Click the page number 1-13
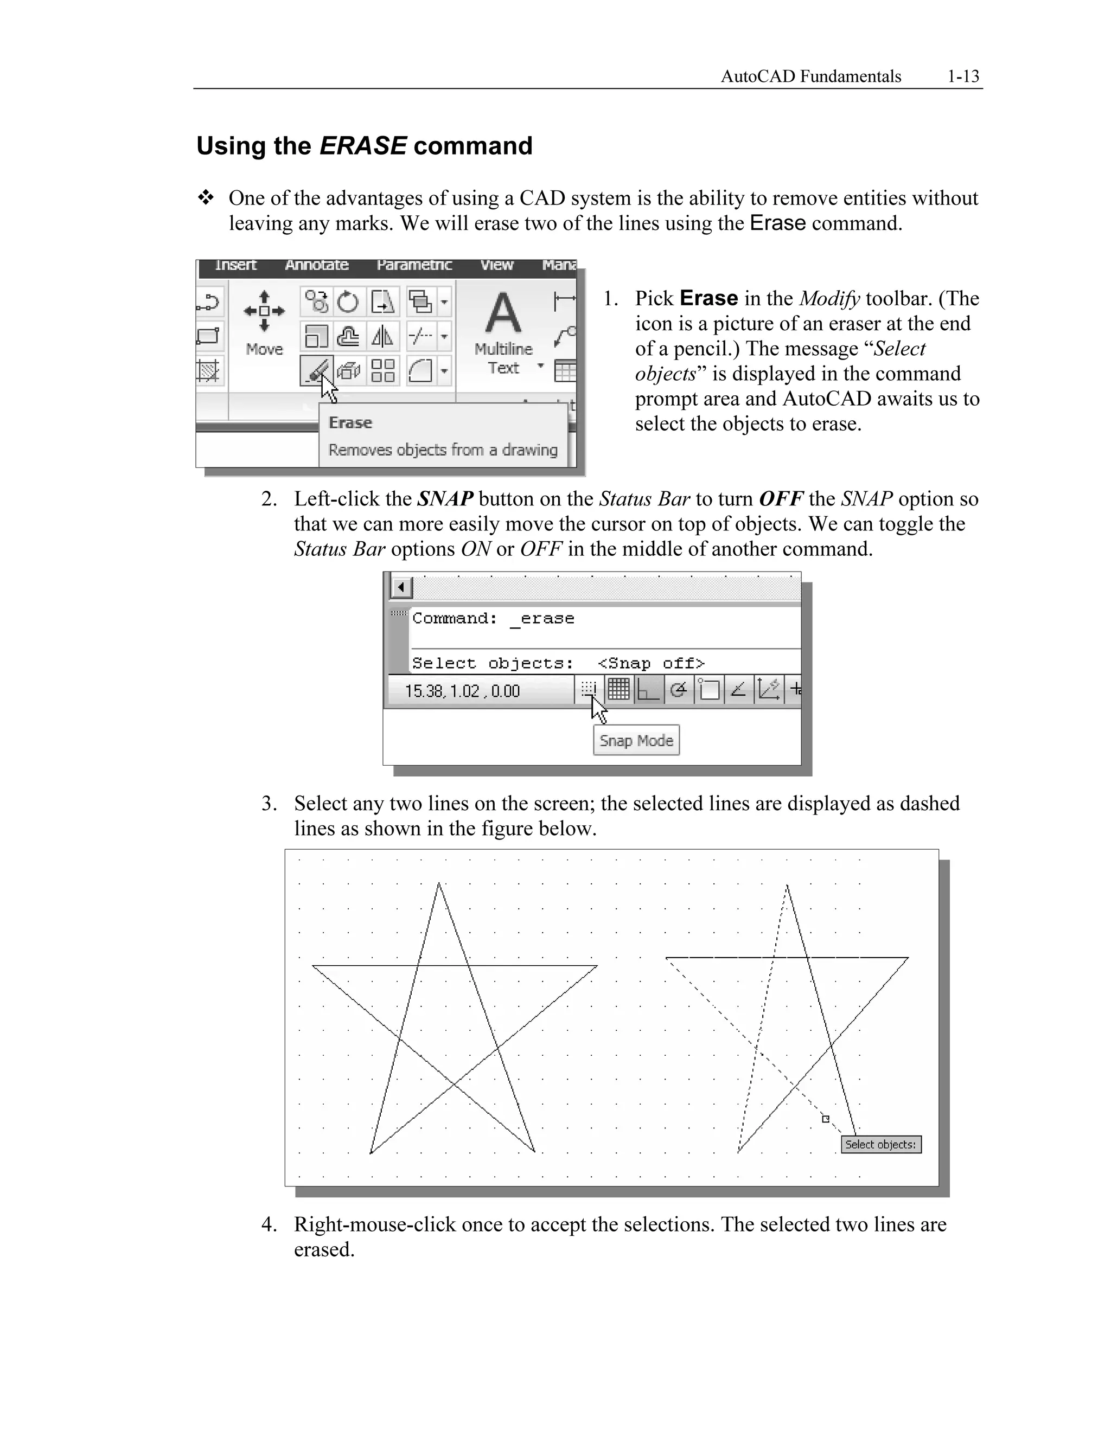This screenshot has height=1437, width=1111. pyautogui.click(x=963, y=76)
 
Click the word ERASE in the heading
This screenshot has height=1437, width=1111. pyautogui.click(x=363, y=145)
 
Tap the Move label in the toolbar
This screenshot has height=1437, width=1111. pyautogui.click(x=264, y=349)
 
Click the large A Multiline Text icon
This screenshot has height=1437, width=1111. pyautogui.click(x=503, y=315)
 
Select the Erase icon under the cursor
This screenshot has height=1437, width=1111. pyautogui.click(x=316, y=370)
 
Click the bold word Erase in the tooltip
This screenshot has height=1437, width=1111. pyautogui.click(x=350, y=422)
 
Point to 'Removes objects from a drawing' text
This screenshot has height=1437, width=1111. pyautogui.click(x=442, y=450)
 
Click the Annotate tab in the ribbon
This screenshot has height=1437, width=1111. pyautogui.click(x=317, y=265)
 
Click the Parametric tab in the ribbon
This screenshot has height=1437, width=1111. pyautogui.click(x=414, y=265)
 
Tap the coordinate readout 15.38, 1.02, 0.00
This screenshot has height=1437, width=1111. pyautogui.click(x=462, y=691)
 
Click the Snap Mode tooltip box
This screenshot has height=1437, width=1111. pyautogui.click(x=636, y=740)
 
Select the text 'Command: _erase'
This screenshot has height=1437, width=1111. pyautogui.click(x=493, y=619)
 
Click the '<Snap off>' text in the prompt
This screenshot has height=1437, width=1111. pyautogui.click(x=650, y=663)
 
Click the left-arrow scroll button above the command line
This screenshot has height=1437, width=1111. pyautogui.click(x=401, y=587)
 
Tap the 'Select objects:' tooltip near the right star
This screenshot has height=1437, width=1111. pyautogui.click(x=880, y=1144)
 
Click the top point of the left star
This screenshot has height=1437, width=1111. pyautogui.click(x=439, y=884)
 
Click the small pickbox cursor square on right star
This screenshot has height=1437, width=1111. pyautogui.click(x=825, y=1119)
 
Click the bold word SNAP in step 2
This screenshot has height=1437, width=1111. pyautogui.click(x=445, y=499)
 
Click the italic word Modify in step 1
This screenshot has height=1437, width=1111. pyautogui.click(x=829, y=299)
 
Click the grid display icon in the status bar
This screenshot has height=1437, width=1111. pyautogui.click(x=618, y=690)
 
